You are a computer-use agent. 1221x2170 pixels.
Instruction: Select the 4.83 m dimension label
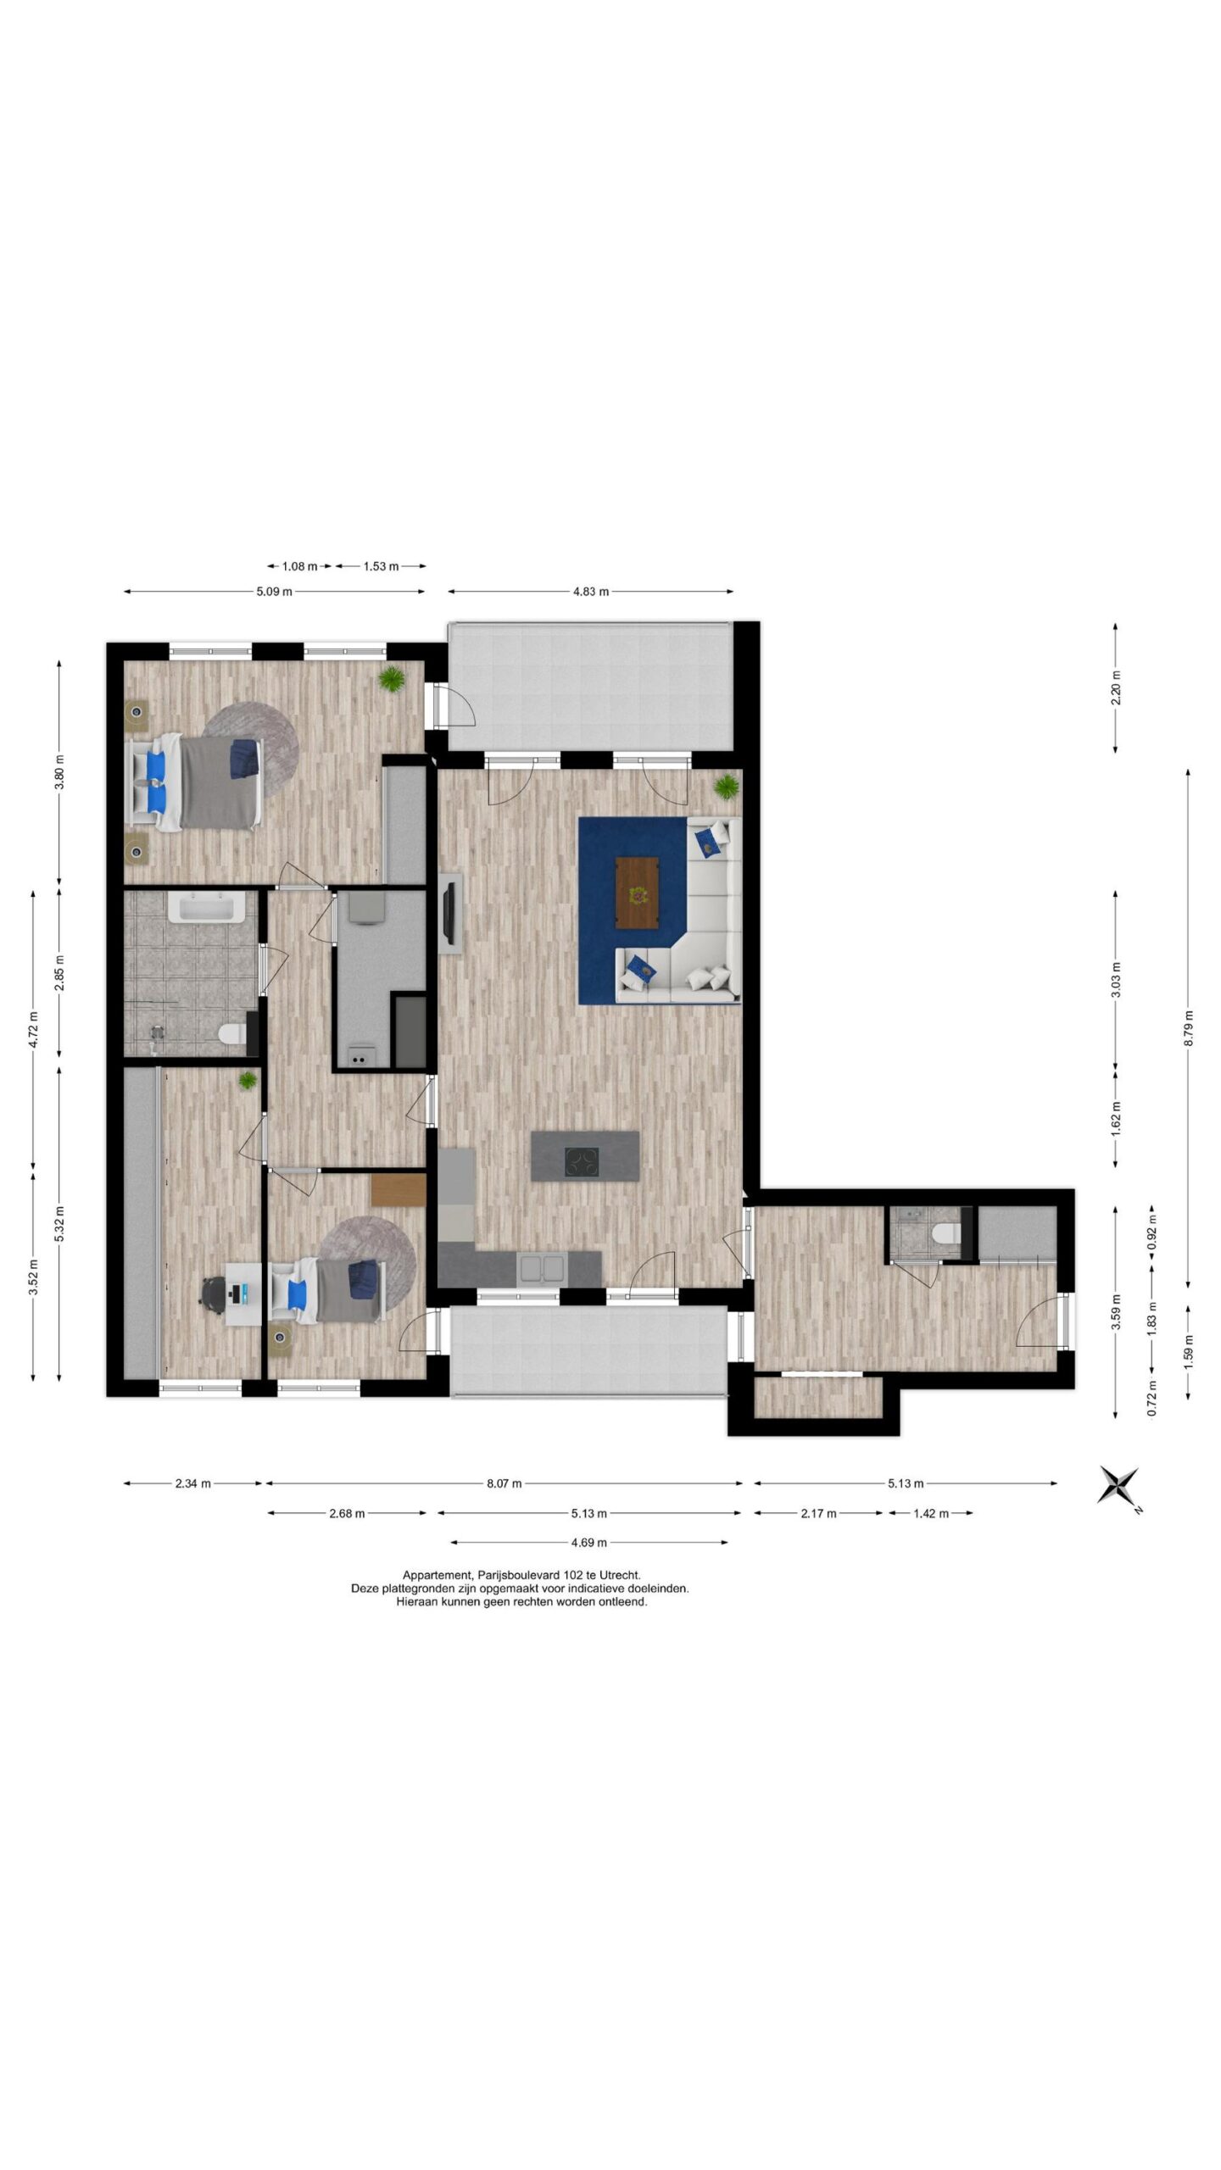tap(591, 592)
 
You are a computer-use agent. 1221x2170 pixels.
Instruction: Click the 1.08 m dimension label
tap(299, 566)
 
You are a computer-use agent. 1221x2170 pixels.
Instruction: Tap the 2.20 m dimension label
tap(1116, 687)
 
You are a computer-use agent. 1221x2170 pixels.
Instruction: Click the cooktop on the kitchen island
tap(582, 1159)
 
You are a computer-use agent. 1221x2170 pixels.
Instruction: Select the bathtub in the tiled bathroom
tap(207, 906)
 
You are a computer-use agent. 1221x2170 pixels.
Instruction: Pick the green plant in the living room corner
tap(727, 787)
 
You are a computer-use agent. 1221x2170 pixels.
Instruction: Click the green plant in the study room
tap(248, 1080)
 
